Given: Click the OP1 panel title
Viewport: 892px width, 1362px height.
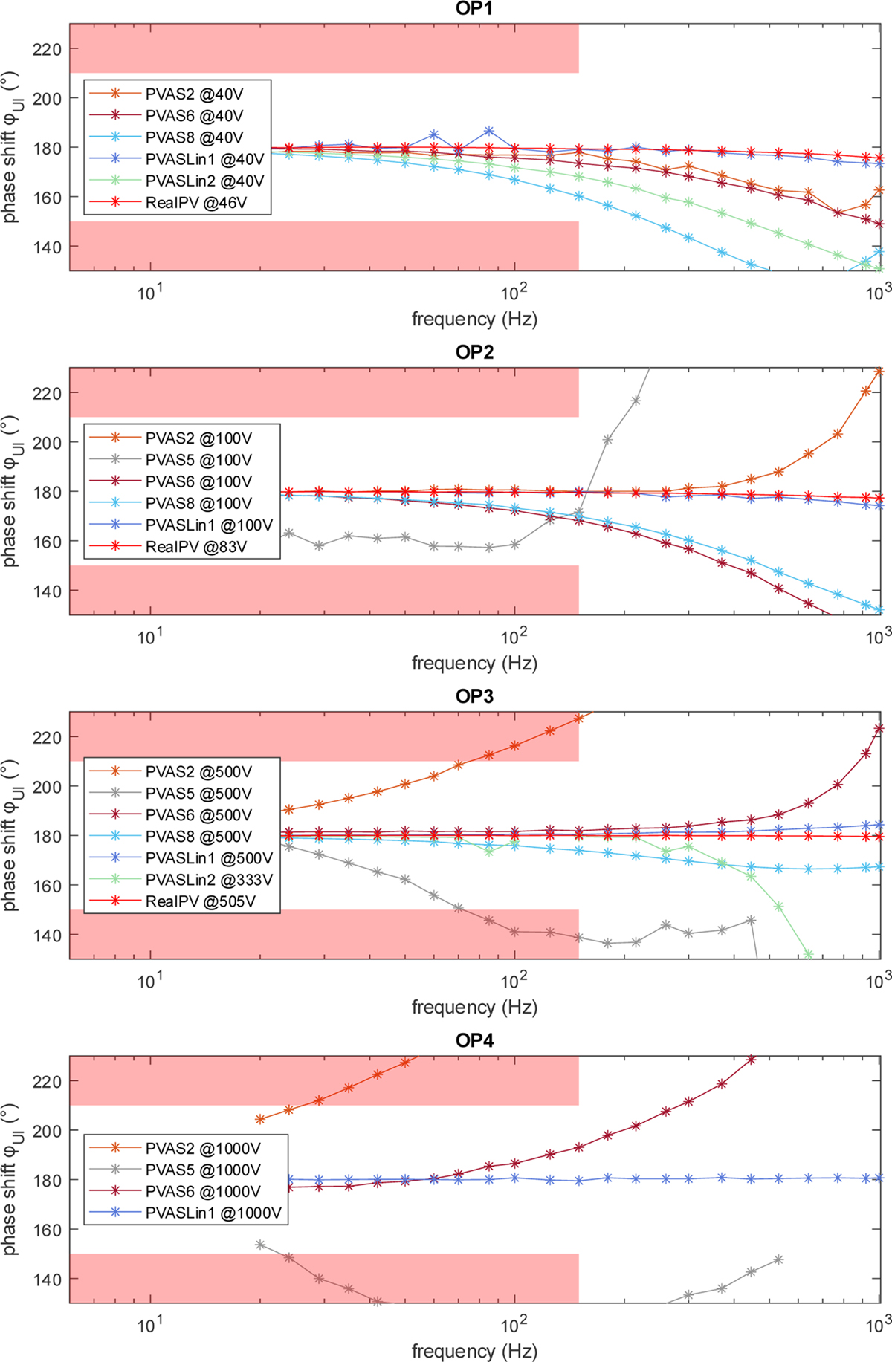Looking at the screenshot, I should pos(474,8).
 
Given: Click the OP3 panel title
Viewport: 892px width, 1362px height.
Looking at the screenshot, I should pos(474,696).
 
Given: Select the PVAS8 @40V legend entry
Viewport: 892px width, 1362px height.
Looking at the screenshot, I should pos(194,137).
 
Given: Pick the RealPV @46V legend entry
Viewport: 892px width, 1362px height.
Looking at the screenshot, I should pos(195,202).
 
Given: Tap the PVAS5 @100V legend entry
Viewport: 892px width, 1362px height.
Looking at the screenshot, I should pos(198,460).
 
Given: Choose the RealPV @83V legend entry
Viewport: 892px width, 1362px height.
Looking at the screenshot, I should pos(195,547).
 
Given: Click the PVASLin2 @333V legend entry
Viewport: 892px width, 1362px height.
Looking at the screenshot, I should pos(209,880).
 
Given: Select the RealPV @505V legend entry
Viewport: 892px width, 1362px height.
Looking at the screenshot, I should pos(200,901).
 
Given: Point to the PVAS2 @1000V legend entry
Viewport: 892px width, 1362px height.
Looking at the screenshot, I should pos(203,1149).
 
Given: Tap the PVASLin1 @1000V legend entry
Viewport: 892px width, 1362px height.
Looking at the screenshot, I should pos(213,1213).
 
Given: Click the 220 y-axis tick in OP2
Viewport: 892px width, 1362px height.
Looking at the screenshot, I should pos(47,392).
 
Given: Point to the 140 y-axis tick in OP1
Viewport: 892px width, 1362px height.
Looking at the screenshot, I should pos(47,247).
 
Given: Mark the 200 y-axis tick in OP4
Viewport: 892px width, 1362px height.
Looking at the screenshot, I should pos(47,1130).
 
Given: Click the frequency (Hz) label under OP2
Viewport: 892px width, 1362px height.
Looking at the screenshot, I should pos(474,663).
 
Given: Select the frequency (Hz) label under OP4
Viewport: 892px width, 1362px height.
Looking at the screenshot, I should pos(474,1350).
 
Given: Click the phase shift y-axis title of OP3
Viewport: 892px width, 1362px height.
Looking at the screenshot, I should pos(11,835).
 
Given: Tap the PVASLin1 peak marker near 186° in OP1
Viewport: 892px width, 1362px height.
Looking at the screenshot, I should pos(488,131).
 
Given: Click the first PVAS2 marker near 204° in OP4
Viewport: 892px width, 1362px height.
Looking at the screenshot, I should pos(260,1119).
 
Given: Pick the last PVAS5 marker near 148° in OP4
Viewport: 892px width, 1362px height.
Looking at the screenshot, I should pos(778,1259).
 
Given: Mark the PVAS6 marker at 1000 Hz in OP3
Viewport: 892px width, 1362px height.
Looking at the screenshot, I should pos(879,729).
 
